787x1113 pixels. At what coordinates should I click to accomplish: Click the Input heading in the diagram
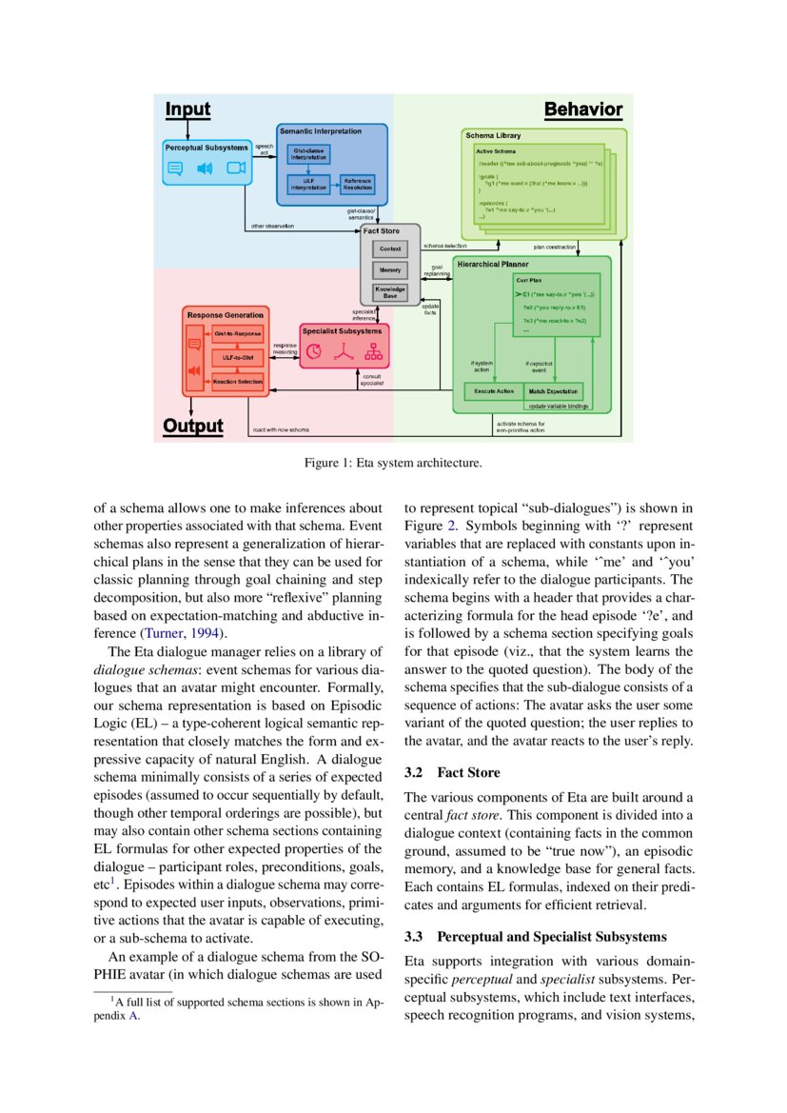187,109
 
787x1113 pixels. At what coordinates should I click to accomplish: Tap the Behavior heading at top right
582,109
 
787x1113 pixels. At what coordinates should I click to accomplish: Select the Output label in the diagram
192,426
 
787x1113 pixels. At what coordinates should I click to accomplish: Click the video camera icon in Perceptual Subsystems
236,169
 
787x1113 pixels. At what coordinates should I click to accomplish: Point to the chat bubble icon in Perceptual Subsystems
175,169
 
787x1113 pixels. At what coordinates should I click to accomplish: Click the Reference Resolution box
357,184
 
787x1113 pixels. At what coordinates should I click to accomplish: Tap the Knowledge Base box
390,293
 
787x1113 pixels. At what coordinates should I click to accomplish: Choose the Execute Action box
493,391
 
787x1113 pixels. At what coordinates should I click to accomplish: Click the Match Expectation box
554,391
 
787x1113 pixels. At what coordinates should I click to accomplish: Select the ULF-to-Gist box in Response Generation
237,358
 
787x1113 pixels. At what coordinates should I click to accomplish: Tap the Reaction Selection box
237,381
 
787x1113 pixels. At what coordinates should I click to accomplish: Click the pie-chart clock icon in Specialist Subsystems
315,352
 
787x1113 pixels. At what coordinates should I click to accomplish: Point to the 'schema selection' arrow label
444,246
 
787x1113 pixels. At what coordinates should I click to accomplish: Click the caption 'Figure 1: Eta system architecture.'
393,464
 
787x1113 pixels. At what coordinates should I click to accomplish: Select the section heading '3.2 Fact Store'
464,772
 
